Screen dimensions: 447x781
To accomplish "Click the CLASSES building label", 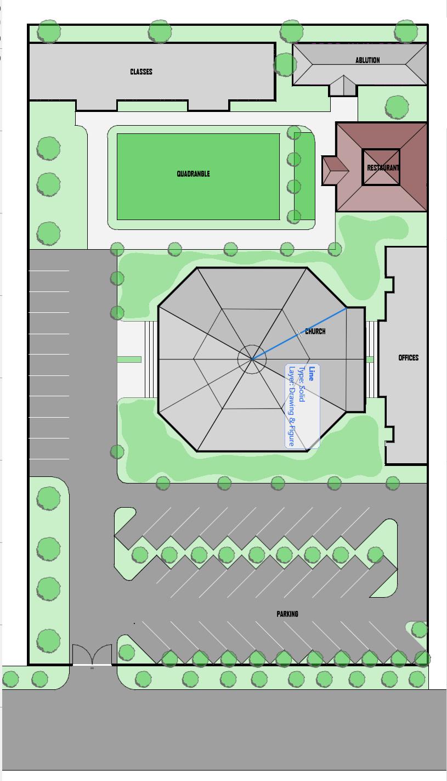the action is [x=141, y=72].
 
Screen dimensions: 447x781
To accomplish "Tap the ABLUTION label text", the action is [x=367, y=60].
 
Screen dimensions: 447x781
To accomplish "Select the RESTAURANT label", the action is [x=383, y=168].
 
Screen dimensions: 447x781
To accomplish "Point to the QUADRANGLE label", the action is [x=194, y=173].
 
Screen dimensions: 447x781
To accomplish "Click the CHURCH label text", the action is [x=315, y=331].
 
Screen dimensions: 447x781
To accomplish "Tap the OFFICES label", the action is [x=408, y=358].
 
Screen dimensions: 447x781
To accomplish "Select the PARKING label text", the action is [x=287, y=614].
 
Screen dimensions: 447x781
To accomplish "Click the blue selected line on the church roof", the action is [x=299, y=333].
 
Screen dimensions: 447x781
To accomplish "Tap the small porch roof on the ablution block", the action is [x=343, y=86].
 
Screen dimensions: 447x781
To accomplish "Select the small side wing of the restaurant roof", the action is [x=335, y=171].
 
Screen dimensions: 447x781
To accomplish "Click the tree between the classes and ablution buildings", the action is [x=285, y=65].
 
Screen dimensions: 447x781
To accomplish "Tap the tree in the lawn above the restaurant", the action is [x=397, y=106].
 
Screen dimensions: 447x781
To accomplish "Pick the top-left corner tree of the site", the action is [x=49, y=31].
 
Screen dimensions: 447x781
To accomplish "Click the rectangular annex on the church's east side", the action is [x=356, y=359].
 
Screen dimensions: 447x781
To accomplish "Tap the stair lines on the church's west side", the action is [x=151, y=359].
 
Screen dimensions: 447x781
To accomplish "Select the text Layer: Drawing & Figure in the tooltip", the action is [x=292, y=407].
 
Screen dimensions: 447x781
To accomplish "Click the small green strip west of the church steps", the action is [x=129, y=359].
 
